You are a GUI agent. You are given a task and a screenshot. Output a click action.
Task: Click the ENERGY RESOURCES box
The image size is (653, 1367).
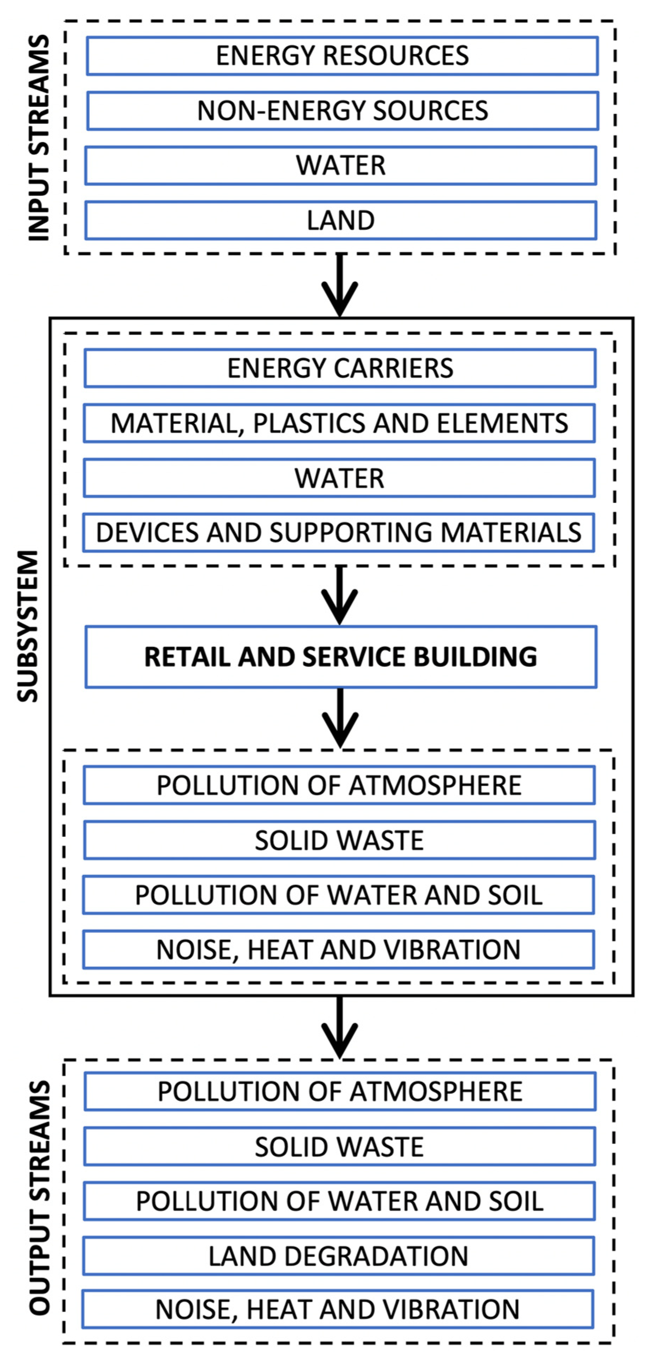click(x=342, y=56)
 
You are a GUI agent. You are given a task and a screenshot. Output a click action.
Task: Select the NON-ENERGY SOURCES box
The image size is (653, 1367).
click(x=342, y=110)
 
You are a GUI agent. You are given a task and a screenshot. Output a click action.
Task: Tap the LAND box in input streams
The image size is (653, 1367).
click(x=340, y=220)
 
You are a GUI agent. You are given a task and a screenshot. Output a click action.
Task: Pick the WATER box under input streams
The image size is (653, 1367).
click(x=340, y=166)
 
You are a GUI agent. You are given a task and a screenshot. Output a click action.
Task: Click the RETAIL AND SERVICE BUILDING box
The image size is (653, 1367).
click(x=340, y=657)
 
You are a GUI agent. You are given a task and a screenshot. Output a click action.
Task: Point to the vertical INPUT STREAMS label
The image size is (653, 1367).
click(x=39, y=138)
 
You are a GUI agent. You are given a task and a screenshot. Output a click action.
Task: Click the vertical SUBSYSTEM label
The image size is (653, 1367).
click(x=28, y=626)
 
